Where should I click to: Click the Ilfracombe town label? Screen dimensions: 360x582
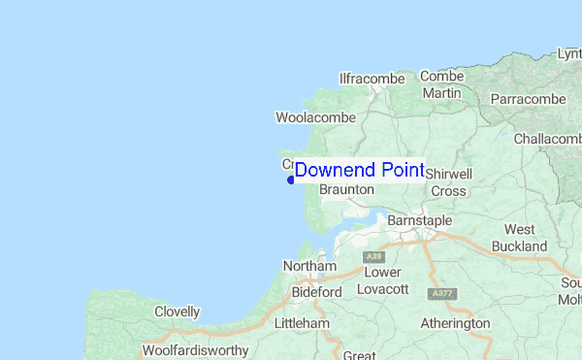(x=371, y=78)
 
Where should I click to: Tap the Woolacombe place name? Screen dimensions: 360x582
(x=315, y=117)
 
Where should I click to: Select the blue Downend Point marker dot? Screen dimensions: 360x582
(x=290, y=179)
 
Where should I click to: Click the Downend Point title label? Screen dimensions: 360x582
(x=359, y=170)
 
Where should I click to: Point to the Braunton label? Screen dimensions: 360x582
(x=346, y=190)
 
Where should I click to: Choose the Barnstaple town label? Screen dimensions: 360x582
(x=419, y=221)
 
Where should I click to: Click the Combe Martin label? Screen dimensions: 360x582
(x=441, y=84)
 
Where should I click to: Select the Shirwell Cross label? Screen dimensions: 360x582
(x=448, y=181)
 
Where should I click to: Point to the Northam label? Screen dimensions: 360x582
(x=309, y=266)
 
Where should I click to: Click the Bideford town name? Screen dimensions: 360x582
(x=317, y=291)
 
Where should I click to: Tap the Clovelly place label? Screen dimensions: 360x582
(x=177, y=312)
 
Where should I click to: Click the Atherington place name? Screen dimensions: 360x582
(x=455, y=323)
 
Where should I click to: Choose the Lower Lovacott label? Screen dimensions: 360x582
(x=386, y=280)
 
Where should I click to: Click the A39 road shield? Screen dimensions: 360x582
(x=372, y=256)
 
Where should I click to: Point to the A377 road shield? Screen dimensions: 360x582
(x=442, y=293)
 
